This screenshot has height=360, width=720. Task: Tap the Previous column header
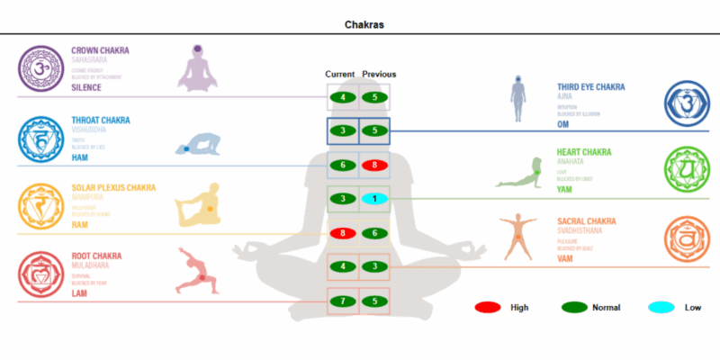click(x=378, y=74)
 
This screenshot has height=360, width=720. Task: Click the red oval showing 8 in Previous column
click(x=374, y=165)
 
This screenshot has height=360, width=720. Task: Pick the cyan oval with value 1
click(x=374, y=198)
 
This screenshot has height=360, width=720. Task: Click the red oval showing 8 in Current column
click(x=343, y=233)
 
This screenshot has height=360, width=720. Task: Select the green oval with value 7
click(x=343, y=301)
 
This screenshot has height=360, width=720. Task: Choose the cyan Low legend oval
click(x=661, y=308)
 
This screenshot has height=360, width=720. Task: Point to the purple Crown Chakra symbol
click(x=39, y=67)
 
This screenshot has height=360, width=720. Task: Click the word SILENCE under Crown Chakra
click(x=86, y=88)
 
